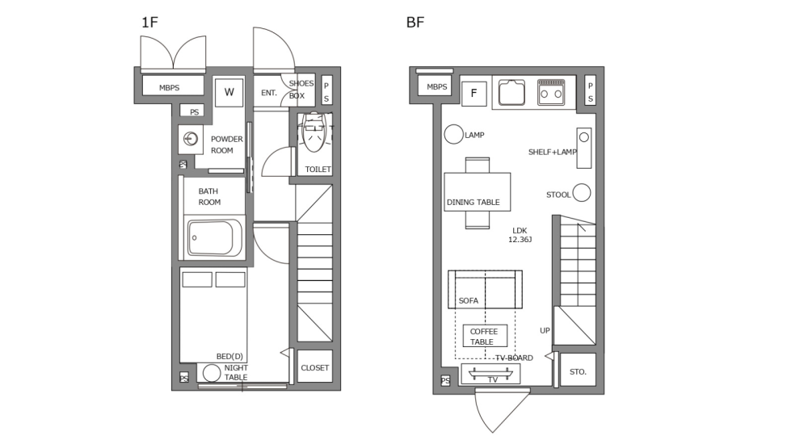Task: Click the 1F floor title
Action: (x=149, y=22)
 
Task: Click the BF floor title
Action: (x=415, y=22)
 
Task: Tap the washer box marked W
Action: (x=229, y=92)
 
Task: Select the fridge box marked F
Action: (x=473, y=93)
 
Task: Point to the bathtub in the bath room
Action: (x=215, y=237)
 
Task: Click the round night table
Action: (x=212, y=373)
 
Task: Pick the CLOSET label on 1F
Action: (x=314, y=367)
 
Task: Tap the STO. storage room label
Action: (x=577, y=371)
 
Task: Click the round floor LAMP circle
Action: (x=453, y=135)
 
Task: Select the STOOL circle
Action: (x=581, y=194)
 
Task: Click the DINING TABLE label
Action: (x=473, y=202)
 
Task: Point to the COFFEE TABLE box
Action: (x=485, y=336)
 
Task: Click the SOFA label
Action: (x=469, y=300)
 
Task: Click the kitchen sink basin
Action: (x=512, y=94)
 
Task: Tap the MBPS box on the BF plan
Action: (x=436, y=87)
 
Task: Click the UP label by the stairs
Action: (x=545, y=330)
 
